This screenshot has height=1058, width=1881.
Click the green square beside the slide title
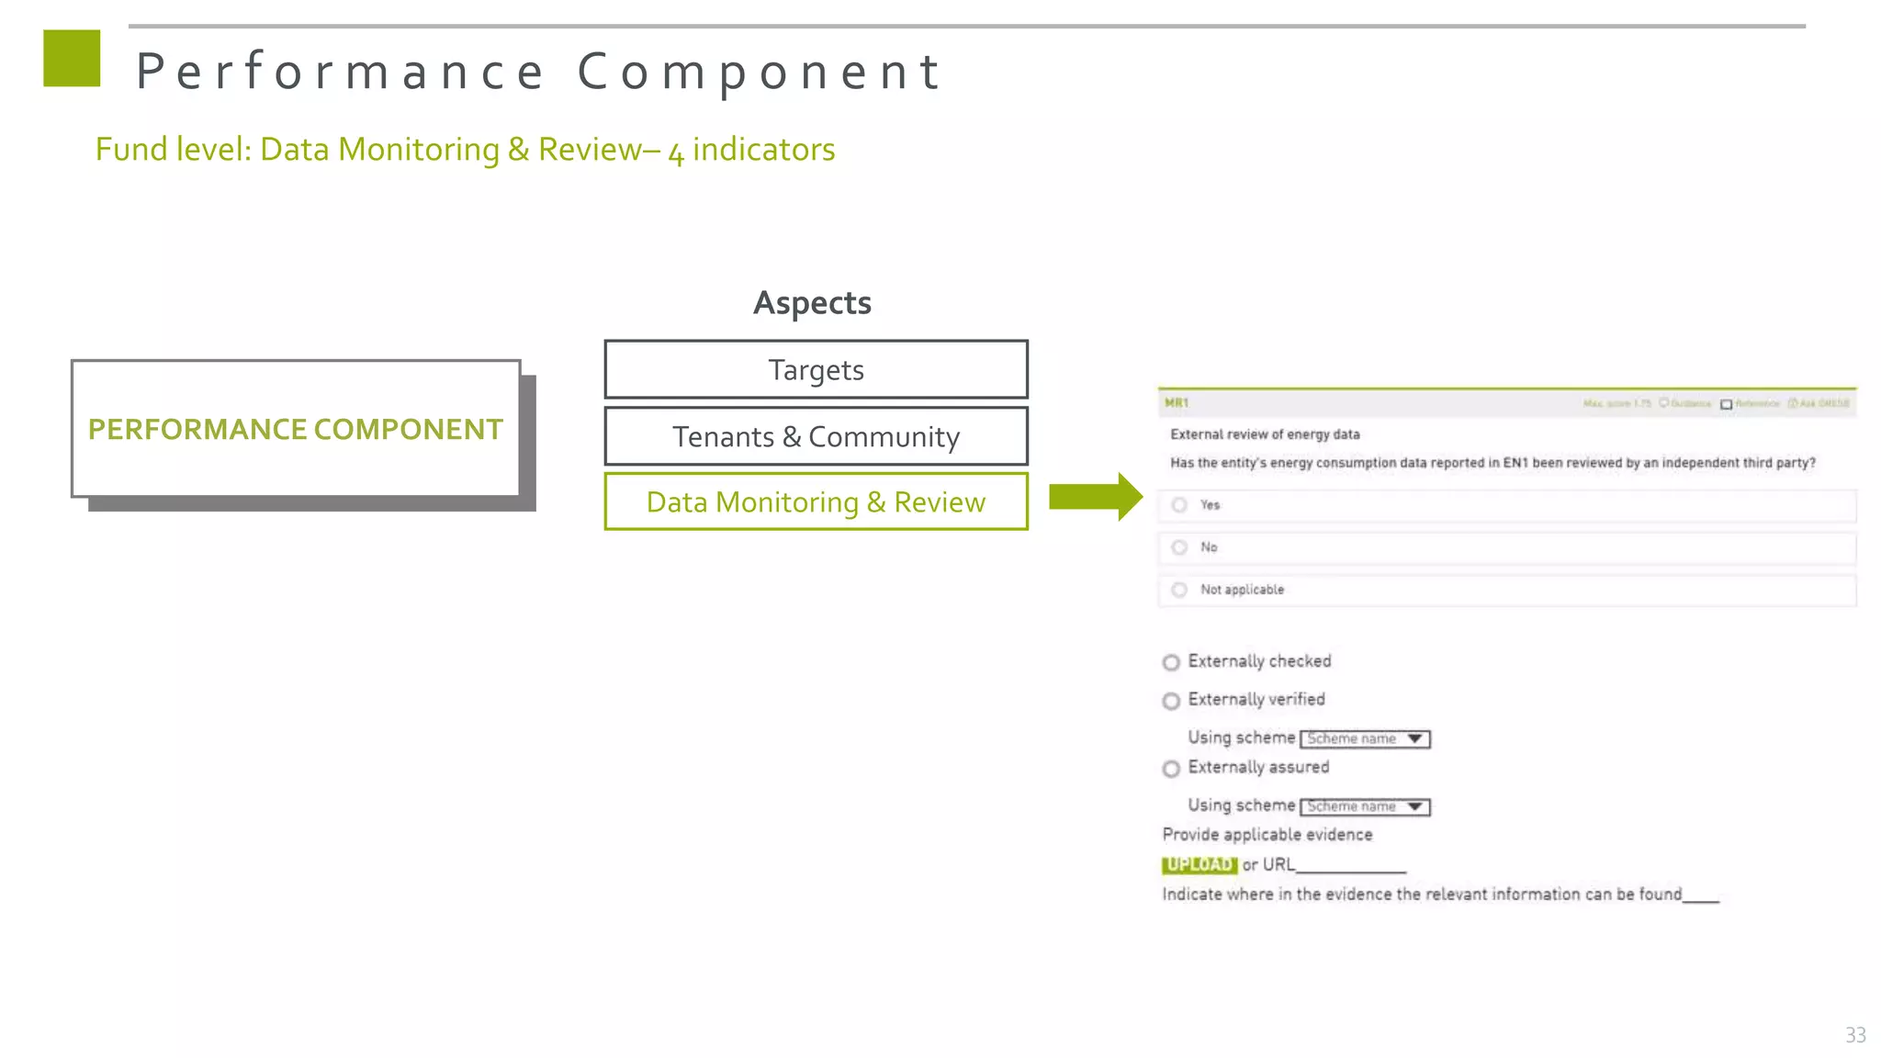(72, 59)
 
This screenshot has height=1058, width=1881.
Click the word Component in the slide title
(759, 72)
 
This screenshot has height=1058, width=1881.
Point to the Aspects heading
(812, 303)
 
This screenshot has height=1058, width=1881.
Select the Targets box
(816, 370)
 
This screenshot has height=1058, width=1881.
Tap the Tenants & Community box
(816, 437)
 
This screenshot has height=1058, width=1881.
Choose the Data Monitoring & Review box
(816, 502)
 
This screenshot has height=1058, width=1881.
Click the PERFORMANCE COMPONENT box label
(295, 429)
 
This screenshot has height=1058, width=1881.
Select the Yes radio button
(1180, 505)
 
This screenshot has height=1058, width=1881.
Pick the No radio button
(1180, 547)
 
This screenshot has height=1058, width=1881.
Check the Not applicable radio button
(1180, 590)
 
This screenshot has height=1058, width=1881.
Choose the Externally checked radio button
(1171, 662)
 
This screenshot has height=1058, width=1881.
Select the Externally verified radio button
(1171, 702)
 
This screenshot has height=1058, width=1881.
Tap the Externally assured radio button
(1171, 769)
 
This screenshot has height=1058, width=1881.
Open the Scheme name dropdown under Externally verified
(1366, 739)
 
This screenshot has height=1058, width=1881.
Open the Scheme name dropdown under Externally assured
(1366, 807)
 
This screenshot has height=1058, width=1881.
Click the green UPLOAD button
(1200, 865)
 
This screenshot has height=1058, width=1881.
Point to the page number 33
(1855, 1035)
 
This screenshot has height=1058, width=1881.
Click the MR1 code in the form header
(1177, 403)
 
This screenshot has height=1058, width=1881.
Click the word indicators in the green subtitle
(763, 150)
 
